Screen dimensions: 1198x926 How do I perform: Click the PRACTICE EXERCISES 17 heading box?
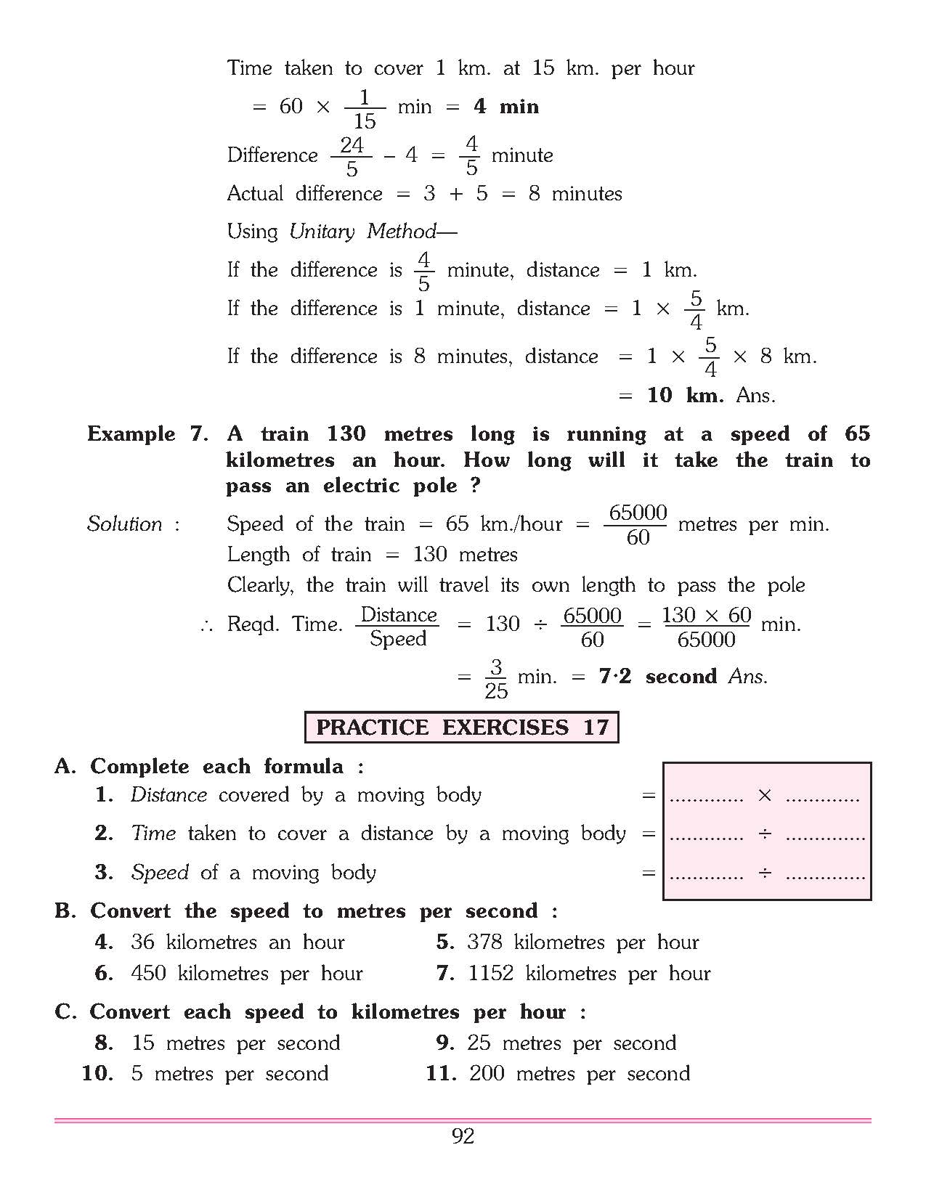462,728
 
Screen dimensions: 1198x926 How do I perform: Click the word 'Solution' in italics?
124,524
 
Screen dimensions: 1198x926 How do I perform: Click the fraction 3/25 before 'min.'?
496,679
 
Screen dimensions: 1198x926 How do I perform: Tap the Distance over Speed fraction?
399,627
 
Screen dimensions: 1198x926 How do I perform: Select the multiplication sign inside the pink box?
764,796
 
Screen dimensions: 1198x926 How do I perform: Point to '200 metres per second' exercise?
579,1074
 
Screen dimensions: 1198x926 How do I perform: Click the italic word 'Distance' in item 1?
168,795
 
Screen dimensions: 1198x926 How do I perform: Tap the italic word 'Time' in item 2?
153,834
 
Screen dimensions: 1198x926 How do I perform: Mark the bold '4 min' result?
505,107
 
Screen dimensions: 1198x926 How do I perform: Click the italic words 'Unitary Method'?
362,232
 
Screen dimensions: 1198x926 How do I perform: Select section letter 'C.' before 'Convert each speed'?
65,1012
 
